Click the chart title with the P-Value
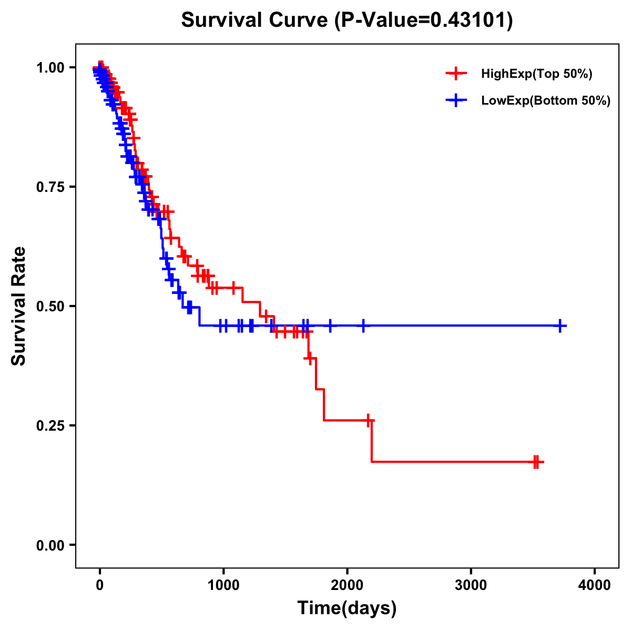[x=347, y=21]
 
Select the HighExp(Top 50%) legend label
[x=537, y=74]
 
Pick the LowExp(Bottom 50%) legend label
[x=546, y=100]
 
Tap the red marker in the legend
[x=456, y=74]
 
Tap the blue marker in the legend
[x=456, y=100]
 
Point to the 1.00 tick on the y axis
[x=50, y=68]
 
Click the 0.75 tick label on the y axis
[x=50, y=187]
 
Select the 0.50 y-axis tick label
[x=50, y=307]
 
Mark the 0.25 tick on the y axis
[x=50, y=425]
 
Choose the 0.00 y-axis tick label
[x=50, y=545]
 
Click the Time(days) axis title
[x=347, y=608]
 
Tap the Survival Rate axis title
[x=19, y=306]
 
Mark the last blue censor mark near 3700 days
[x=561, y=326]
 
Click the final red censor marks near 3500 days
[x=536, y=462]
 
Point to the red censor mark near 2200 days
[x=369, y=420]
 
